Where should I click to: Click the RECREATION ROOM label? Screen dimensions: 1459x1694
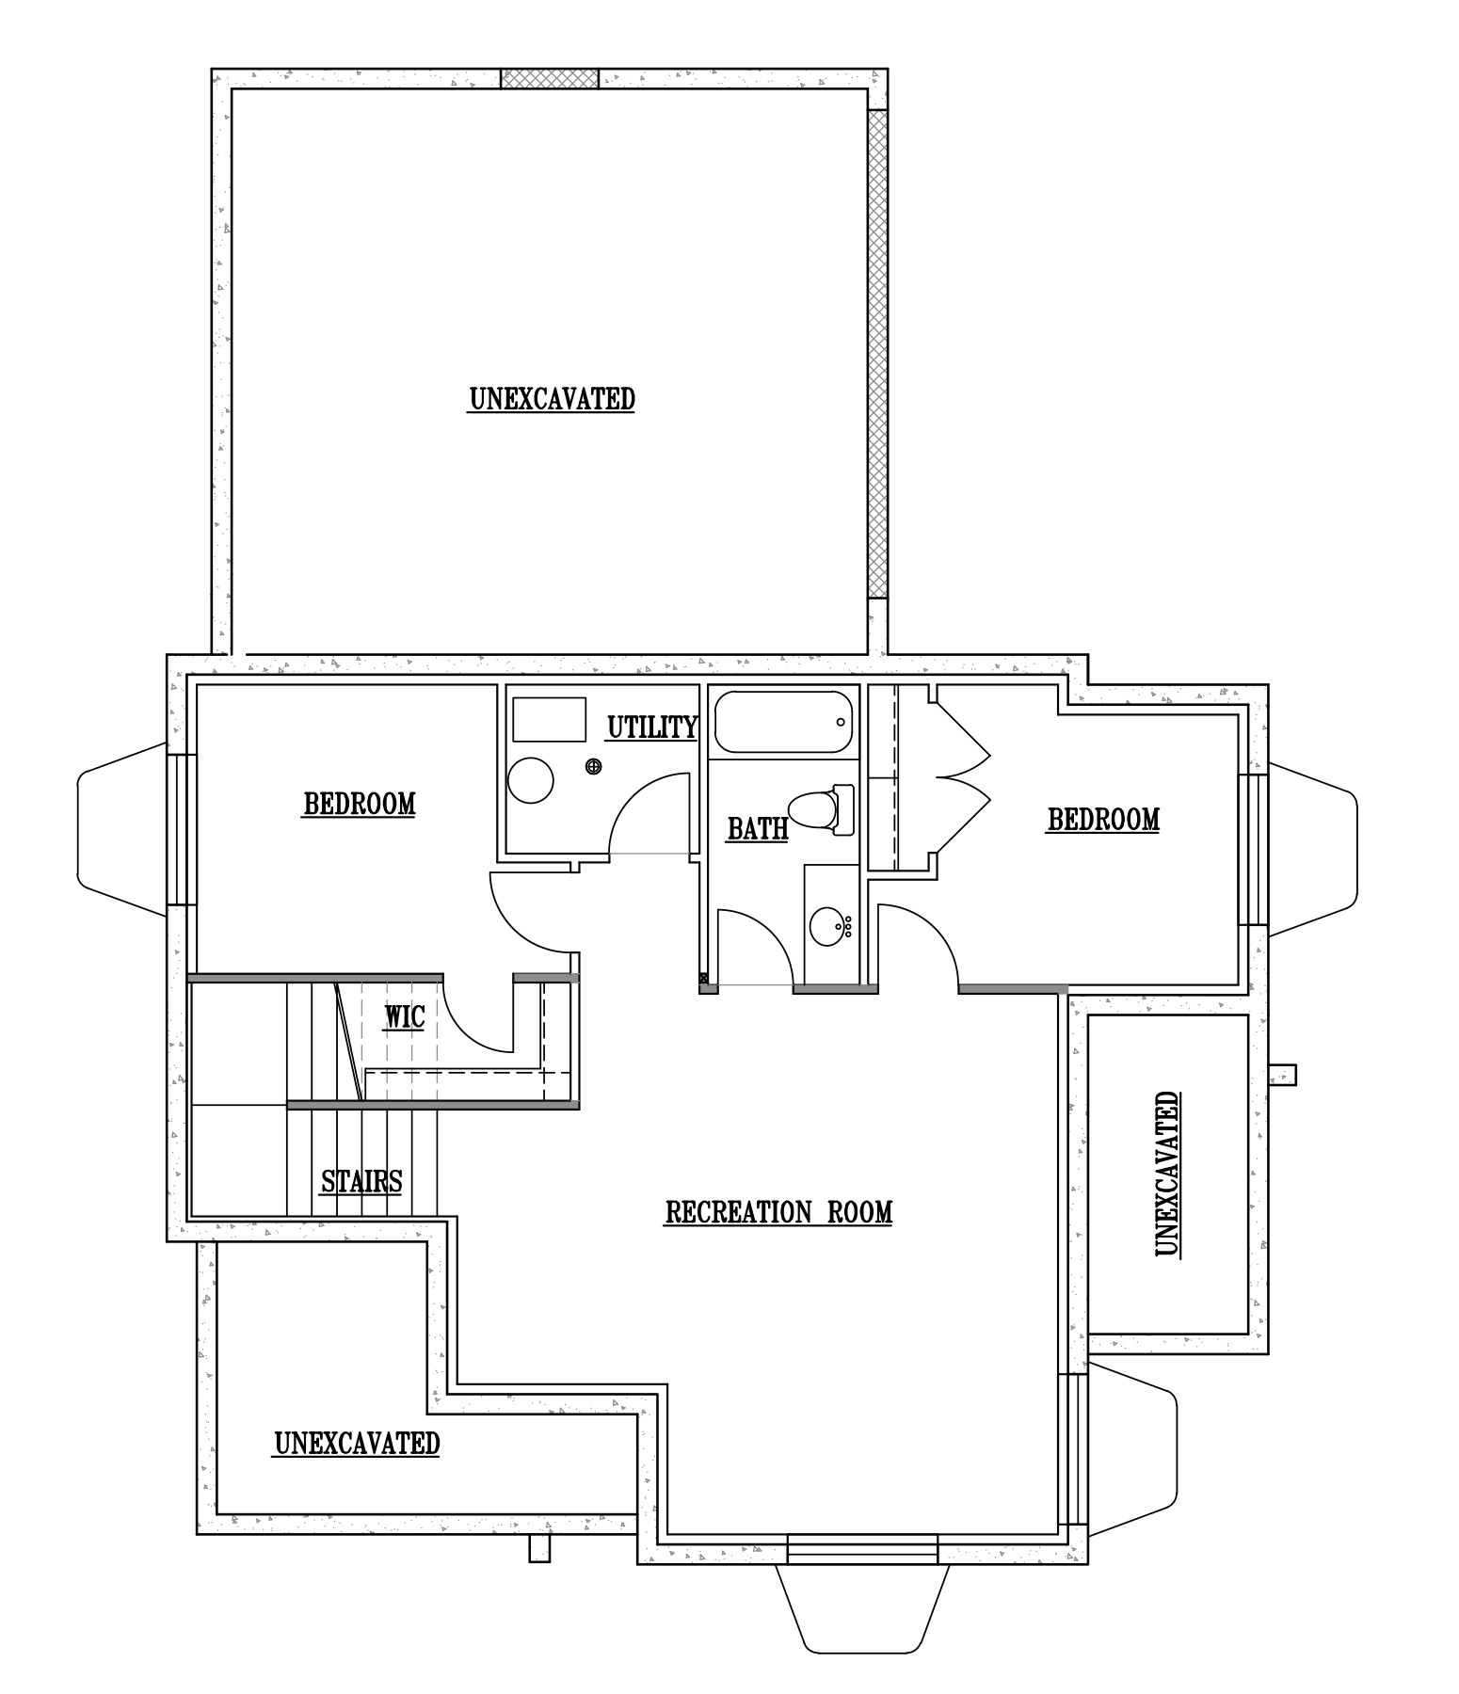pyautogui.click(x=778, y=1212)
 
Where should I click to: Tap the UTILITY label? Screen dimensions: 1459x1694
pyautogui.click(x=651, y=727)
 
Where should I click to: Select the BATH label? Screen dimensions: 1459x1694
pyautogui.click(x=758, y=829)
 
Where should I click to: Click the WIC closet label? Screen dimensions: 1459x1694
pyautogui.click(x=405, y=1017)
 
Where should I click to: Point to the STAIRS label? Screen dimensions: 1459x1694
pyautogui.click(x=361, y=1181)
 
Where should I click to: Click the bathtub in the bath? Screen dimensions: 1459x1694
pyautogui.click(x=783, y=723)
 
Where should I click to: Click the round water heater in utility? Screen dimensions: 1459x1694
pyautogui.click(x=530, y=780)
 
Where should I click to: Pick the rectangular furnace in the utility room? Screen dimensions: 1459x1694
pyautogui.click(x=549, y=720)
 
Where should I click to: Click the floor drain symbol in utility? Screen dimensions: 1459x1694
pyautogui.click(x=594, y=767)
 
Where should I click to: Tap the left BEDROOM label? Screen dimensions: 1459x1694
pyautogui.click(x=359, y=805)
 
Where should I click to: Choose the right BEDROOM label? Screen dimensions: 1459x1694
pyautogui.click(x=1103, y=820)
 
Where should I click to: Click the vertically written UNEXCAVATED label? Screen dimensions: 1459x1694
pyautogui.click(x=1166, y=1175)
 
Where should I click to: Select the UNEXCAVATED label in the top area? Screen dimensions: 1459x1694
pyautogui.click(x=552, y=399)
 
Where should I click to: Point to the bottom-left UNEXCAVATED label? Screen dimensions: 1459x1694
pyautogui.click(x=357, y=1443)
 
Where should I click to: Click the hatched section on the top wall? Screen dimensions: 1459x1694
pyautogui.click(x=549, y=78)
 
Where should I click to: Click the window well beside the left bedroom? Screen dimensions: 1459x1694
pyautogui.click(x=122, y=828)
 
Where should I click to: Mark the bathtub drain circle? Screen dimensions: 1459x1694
pyautogui.click(x=841, y=723)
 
